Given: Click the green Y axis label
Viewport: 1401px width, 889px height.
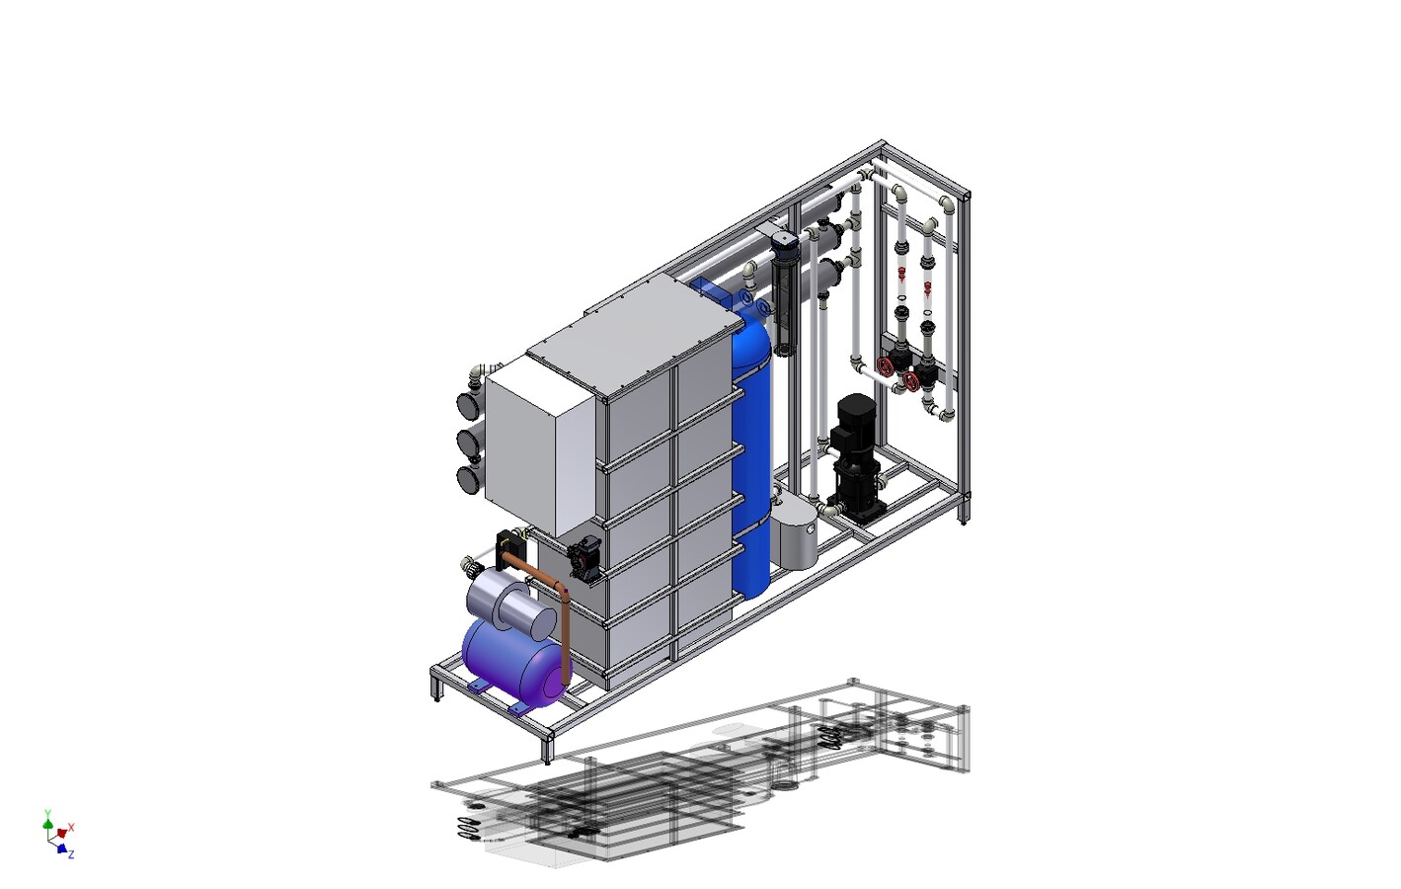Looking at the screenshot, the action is (x=47, y=813).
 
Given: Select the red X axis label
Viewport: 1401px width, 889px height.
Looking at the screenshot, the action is (x=71, y=827).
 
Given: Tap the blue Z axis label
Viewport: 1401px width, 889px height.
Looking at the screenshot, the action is (x=71, y=854).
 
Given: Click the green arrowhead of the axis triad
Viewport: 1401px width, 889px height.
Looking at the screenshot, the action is (x=47, y=824).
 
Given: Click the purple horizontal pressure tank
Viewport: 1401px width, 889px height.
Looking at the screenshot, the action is (x=514, y=661).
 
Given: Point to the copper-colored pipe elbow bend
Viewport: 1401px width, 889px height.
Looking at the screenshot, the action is (x=561, y=588).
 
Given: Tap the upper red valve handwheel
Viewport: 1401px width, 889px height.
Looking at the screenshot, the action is (x=884, y=366).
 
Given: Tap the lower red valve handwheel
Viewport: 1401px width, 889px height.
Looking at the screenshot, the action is (x=910, y=381).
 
